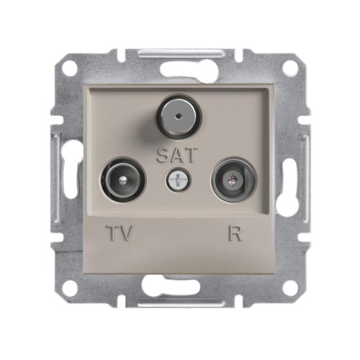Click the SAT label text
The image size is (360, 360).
[x=177, y=156]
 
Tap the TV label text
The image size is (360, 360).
[x=120, y=233]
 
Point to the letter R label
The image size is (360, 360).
[x=235, y=233]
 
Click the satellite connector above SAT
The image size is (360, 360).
[x=179, y=117]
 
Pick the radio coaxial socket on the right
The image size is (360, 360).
[x=234, y=179]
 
